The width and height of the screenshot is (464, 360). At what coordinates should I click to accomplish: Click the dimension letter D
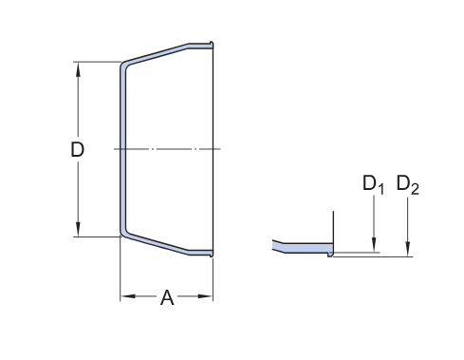coord(77,149)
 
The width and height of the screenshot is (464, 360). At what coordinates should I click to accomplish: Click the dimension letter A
coord(167,297)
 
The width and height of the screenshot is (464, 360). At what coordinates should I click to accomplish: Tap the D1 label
coord(373,184)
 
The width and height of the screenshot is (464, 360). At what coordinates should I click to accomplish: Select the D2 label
coord(408,184)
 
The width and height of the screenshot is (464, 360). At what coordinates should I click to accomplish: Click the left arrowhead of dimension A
coord(128,296)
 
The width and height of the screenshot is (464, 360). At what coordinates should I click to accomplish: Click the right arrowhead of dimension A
coord(205,296)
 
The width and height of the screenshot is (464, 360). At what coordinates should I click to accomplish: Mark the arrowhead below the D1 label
coord(374,245)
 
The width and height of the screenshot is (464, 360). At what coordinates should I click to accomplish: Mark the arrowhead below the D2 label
coord(408,249)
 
